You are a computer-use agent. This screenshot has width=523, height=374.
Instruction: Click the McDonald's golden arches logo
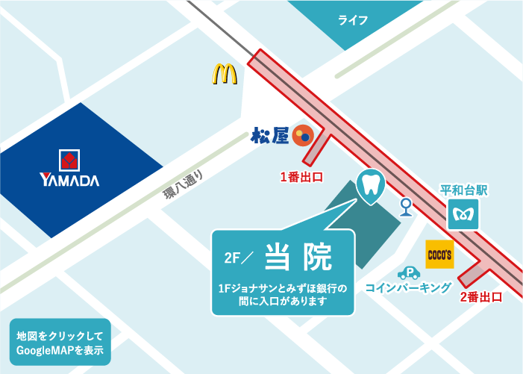pyautogui.click(x=224, y=74)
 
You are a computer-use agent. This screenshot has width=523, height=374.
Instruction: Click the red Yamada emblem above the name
pyautogui.click(x=69, y=160)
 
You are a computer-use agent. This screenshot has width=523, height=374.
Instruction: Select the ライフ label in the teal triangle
pyautogui.click(x=353, y=19)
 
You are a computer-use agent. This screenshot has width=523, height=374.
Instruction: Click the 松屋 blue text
pyautogui.click(x=269, y=136)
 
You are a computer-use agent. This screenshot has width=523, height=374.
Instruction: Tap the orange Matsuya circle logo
pyautogui.click(x=302, y=135)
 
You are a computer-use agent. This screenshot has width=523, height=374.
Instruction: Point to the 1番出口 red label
pyautogui.click(x=301, y=177)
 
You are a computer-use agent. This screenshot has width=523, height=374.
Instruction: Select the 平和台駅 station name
pyautogui.click(x=463, y=190)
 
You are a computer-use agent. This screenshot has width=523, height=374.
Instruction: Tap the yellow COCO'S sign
pyautogui.click(x=439, y=255)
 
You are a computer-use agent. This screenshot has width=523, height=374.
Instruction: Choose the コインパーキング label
pyautogui.click(x=408, y=287)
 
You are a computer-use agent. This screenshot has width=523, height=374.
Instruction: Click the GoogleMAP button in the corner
pyautogui.click(x=60, y=342)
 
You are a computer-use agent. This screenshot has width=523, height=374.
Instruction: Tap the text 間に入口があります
pyautogui.click(x=284, y=301)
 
